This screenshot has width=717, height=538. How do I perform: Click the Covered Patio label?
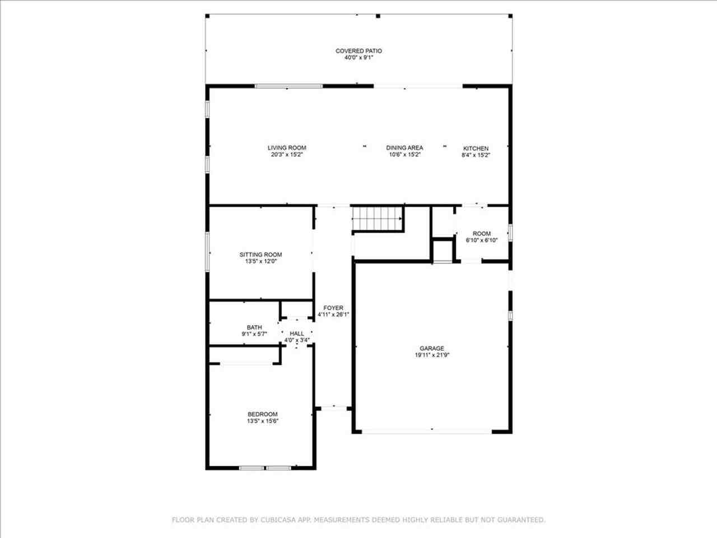click(358, 51)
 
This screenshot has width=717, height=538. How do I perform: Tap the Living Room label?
click(287, 147)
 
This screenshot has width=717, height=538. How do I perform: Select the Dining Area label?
click(404, 147)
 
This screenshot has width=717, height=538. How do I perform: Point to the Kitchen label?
click(476, 149)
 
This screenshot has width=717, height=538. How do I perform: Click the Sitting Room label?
click(260, 254)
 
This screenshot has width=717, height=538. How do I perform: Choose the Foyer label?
click(333, 308)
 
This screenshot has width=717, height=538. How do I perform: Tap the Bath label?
click(254, 327)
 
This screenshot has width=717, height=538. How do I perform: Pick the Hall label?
click(297, 333)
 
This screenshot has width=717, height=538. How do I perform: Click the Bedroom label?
click(263, 414)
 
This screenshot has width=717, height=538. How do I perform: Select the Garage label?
click(432, 348)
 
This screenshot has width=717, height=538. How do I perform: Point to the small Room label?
click(482, 234)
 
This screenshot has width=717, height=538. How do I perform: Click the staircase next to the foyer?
click(377, 219)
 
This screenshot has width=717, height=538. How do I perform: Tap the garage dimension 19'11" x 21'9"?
click(432, 355)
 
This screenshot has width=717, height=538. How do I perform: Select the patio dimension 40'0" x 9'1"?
click(358, 58)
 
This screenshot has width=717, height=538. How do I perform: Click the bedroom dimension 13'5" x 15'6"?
click(263, 421)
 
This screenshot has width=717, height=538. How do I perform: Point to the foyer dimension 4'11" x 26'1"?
click(333, 314)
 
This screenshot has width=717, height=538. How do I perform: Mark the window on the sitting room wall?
click(207, 252)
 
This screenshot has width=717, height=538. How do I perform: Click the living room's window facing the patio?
click(288, 86)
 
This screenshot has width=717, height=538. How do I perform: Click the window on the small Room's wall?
click(510, 233)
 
